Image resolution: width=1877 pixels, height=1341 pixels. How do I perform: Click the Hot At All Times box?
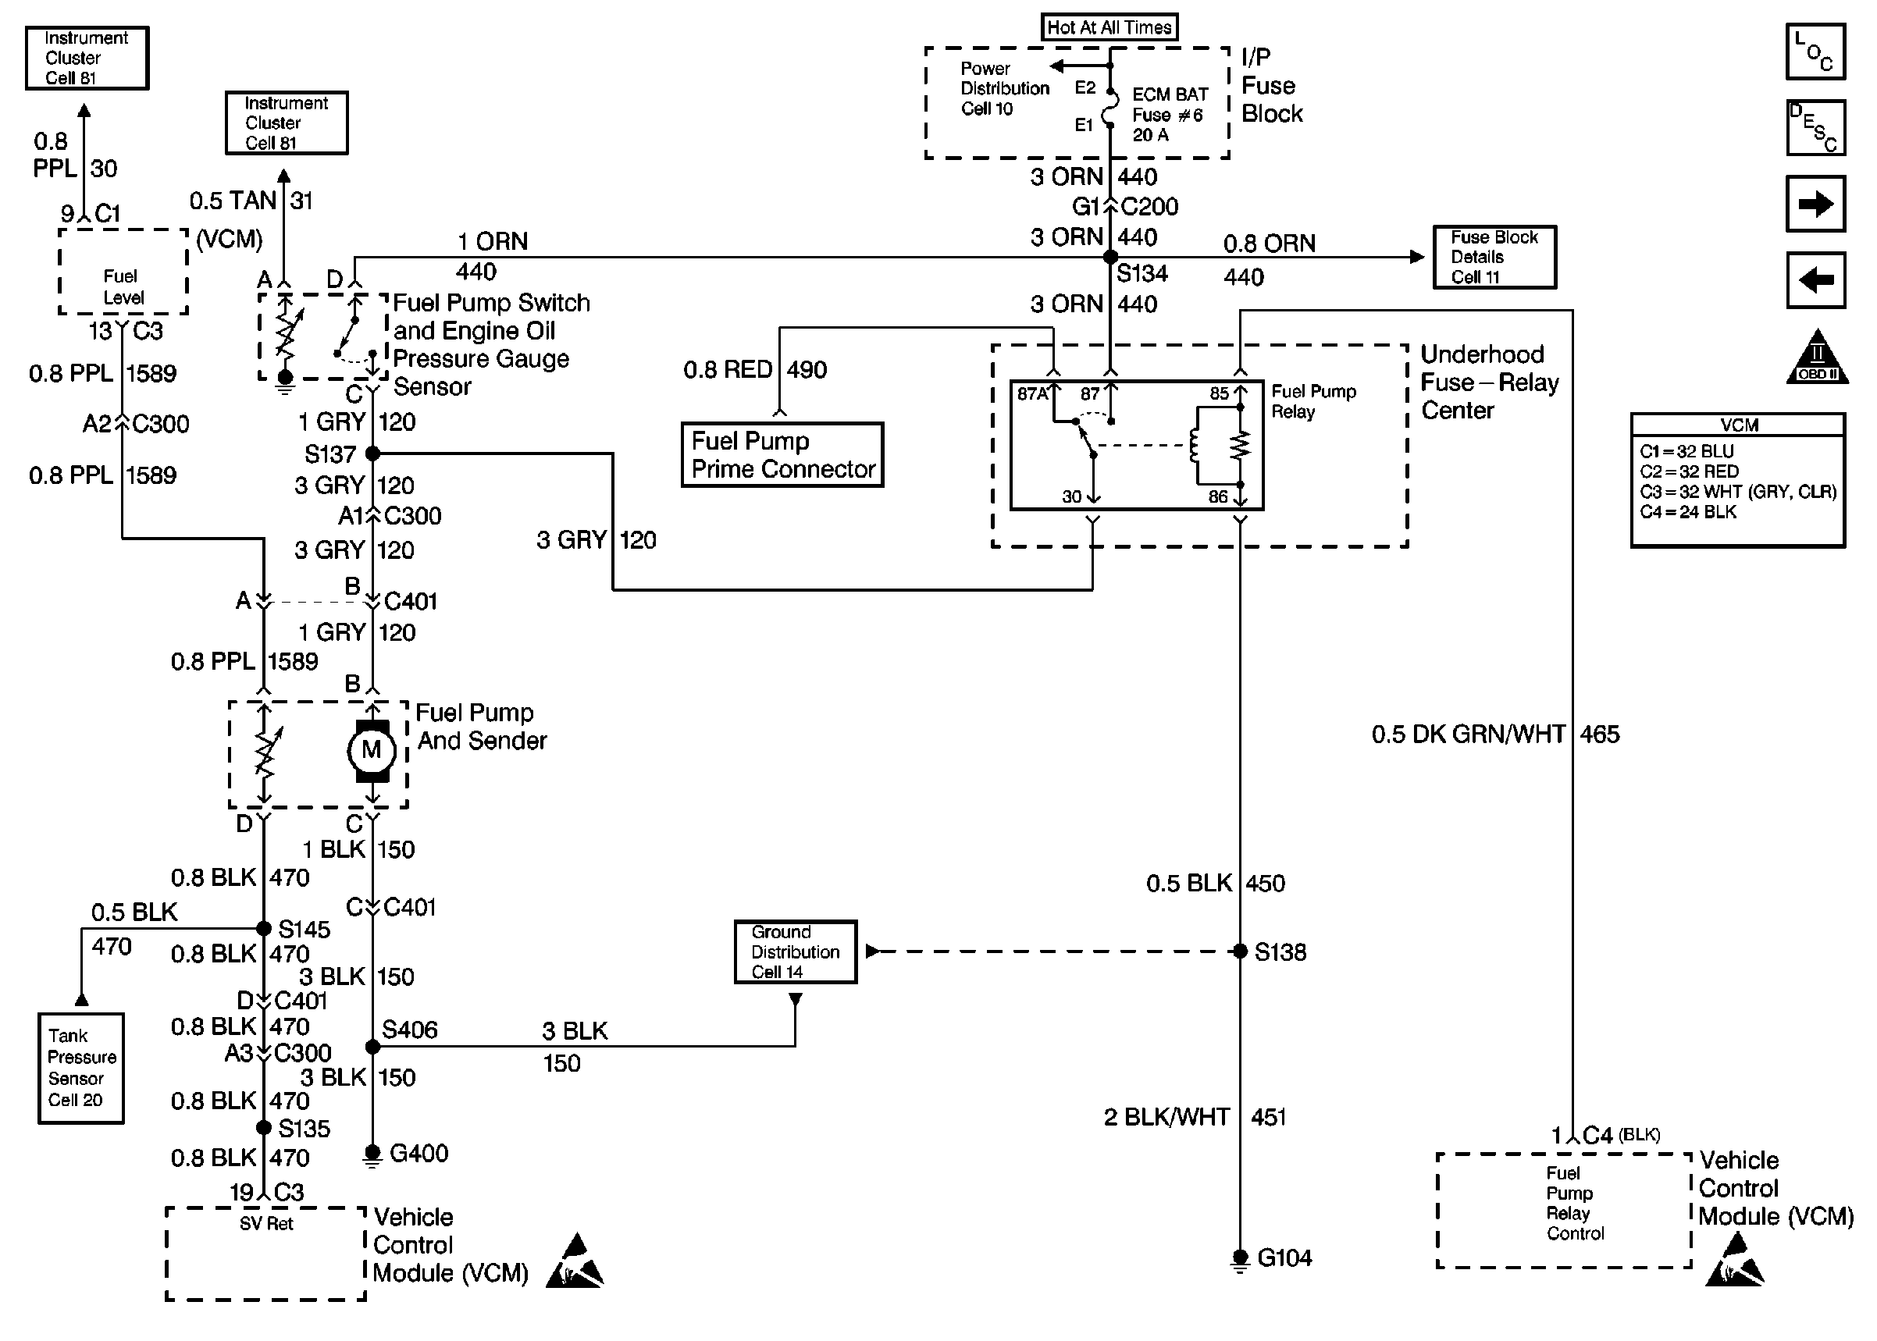point(1109,27)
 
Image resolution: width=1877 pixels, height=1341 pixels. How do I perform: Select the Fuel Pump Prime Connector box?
point(782,455)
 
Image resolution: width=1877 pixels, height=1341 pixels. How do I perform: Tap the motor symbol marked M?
point(372,750)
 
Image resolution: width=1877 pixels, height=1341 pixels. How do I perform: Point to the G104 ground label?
point(1284,1257)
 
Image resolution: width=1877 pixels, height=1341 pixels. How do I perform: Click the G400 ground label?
point(418,1153)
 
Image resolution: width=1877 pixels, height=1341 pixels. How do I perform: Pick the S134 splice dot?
point(1111,258)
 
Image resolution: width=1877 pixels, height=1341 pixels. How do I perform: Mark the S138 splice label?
point(1280,952)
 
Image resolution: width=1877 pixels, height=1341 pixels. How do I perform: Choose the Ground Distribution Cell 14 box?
point(796,952)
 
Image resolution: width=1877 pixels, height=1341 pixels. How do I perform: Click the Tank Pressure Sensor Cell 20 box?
point(81,1068)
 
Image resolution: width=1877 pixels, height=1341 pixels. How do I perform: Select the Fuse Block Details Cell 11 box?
point(1494,257)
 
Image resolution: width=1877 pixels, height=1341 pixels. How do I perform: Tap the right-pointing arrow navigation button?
point(1815,203)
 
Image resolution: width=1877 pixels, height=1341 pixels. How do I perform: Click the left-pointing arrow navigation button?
point(1815,280)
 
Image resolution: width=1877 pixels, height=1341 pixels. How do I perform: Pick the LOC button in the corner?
point(1815,52)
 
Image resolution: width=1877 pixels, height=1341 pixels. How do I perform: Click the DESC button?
point(1815,128)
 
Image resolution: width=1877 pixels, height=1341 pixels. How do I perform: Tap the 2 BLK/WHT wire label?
point(1166,1117)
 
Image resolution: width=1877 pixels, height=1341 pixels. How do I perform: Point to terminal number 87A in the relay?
point(1032,394)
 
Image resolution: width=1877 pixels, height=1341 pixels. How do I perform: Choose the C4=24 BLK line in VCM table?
point(1688,512)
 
